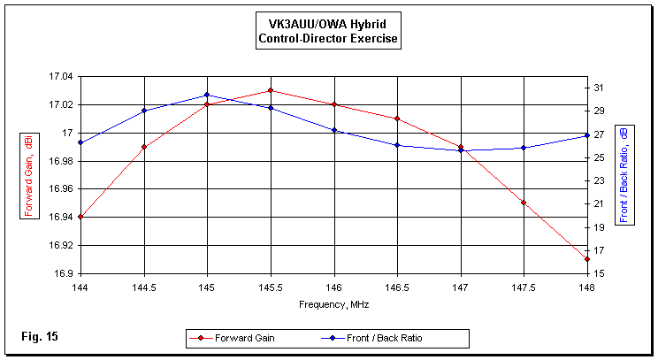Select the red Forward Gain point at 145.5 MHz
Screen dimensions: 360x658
coord(271,90)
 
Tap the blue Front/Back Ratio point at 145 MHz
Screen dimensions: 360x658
coord(207,95)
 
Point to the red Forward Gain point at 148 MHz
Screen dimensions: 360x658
coord(587,259)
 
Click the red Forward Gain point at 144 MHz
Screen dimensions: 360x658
coord(80,217)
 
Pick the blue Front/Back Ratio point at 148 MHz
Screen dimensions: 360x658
coord(587,135)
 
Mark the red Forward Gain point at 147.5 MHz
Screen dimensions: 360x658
coord(524,203)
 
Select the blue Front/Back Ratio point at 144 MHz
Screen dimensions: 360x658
coord(80,142)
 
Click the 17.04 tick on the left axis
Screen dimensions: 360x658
coord(61,77)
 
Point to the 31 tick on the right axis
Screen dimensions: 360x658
coord(599,88)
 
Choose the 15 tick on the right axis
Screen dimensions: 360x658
coord(599,273)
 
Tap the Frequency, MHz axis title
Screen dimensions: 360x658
coord(333,303)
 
